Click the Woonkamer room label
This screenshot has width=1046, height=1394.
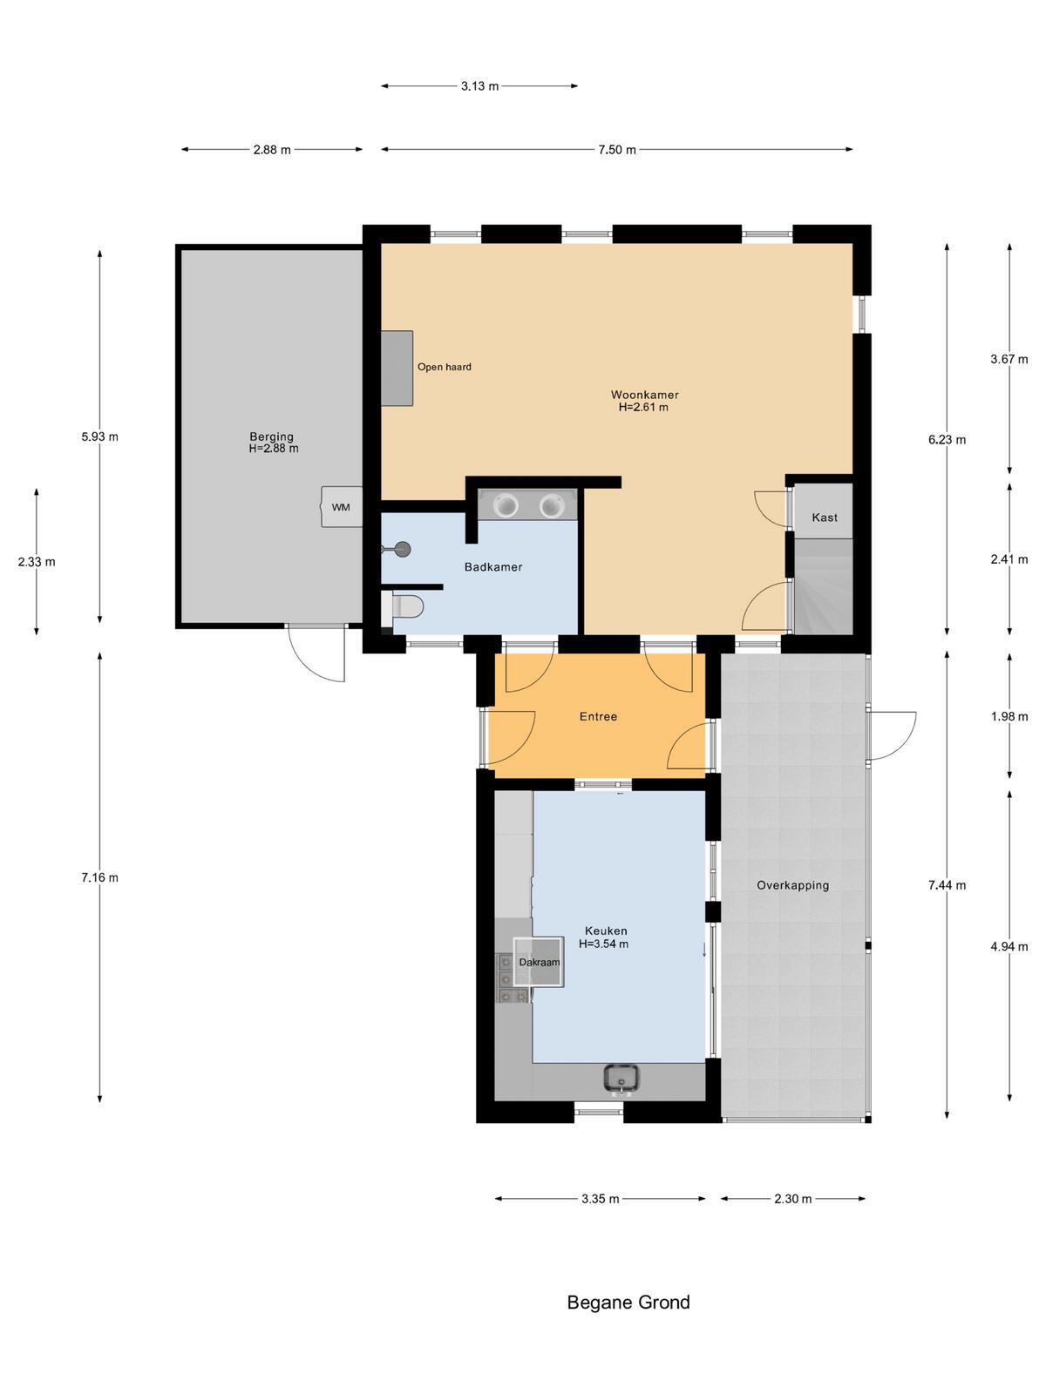(644, 395)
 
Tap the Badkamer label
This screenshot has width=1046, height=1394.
(492, 567)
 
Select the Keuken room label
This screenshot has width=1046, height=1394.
(605, 931)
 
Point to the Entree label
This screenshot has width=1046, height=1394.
(598, 716)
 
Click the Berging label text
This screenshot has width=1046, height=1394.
(272, 436)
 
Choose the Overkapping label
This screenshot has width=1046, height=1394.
(792, 885)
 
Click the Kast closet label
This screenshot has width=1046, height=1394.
(825, 518)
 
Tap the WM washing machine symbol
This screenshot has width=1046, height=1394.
(342, 507)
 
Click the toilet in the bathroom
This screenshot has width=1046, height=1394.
(403, 607)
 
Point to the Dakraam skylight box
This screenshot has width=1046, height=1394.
(539, 962)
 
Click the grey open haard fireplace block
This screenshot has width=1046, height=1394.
(397, 369)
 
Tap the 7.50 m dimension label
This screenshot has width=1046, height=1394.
(616, 150)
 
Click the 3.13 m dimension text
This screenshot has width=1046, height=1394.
(479, 86)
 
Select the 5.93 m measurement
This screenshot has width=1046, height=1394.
(99, 437)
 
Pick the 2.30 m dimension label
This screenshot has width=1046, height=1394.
(792, 1199)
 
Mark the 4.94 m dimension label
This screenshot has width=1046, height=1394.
(1009, 947)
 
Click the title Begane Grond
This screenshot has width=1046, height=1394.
(628, 1303)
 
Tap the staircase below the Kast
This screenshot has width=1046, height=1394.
(823, 586)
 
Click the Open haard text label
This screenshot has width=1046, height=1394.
(444, 367)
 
